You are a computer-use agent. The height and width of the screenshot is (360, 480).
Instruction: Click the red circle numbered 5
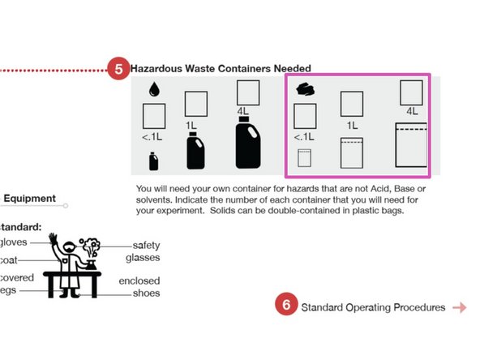click(118, 69)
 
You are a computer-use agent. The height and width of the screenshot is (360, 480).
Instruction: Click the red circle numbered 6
click(285, 306)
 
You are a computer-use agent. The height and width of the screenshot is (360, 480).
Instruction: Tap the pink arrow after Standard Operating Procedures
click(460, 307)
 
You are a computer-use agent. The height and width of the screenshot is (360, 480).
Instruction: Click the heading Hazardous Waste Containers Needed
click(221, 69)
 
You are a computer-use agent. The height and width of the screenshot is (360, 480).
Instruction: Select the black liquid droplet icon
click(153, 89)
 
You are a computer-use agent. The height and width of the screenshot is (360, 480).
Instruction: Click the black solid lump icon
click(306, 89)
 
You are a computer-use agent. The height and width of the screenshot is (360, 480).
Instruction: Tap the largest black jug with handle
click(247, 143)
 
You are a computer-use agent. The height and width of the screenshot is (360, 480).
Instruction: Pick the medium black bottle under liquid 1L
click(195, 151)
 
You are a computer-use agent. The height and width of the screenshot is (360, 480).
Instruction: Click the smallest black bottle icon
click(153, 161)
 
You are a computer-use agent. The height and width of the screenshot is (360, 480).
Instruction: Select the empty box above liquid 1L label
click(196, 104)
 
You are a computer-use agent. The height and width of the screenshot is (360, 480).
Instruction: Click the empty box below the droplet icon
click(154, 115)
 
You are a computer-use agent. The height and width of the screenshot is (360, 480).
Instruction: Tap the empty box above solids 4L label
click(412, 92)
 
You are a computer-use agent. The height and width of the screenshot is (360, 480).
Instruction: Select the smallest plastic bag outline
click(305, 158)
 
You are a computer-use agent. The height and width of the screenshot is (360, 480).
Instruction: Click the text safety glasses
click(147, 251)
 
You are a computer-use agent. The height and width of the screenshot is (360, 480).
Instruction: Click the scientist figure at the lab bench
click(73, 264)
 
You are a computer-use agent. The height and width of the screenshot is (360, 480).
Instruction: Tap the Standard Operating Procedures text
click(373, 307)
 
